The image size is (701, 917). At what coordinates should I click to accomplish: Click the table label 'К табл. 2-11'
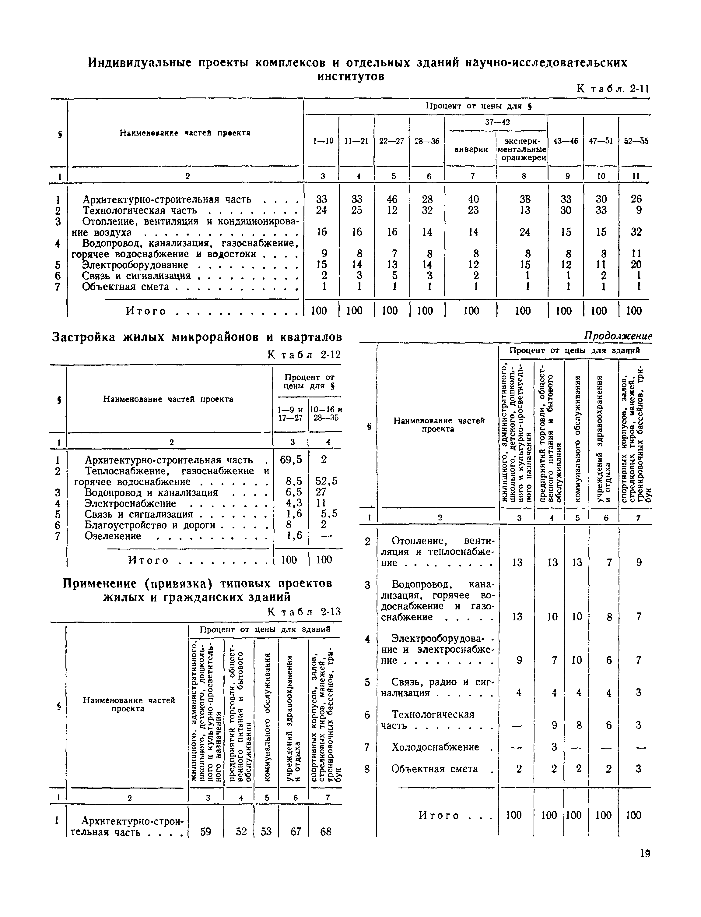coord(613,89)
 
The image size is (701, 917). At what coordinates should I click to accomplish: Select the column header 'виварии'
coord(471,150)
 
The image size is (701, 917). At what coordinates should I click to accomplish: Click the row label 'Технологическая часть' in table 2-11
coord(139,210)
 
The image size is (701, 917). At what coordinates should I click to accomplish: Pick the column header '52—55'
coord(636,141)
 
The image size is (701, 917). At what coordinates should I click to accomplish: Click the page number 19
coord(645,854)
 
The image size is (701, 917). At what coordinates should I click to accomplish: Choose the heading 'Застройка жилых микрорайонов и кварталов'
coord(197,337)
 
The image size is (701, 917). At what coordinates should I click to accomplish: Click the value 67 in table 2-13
coord(296,832)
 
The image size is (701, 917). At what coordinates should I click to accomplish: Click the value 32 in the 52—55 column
coord(636,232)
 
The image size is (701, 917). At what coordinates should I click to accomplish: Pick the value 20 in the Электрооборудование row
coord(636,265)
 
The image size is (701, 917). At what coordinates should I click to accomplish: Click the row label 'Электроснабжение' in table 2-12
coord(130,503)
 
